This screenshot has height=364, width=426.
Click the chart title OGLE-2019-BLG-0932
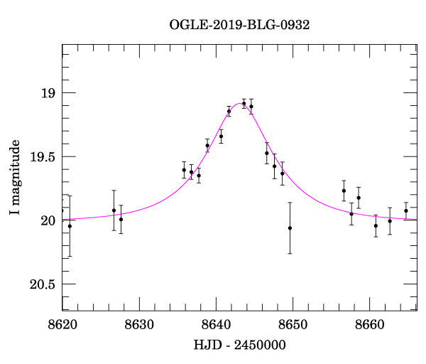(239, 24)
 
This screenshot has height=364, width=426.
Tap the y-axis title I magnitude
(14, 178)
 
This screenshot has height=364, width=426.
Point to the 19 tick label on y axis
(47, 93)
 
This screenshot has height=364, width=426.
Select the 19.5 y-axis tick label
(42, 157)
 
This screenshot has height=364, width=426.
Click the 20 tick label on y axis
(47, 220)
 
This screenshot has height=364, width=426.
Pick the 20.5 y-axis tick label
(42, 284)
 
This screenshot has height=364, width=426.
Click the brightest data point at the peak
(244, 104)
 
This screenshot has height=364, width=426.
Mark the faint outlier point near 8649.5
(290, 228)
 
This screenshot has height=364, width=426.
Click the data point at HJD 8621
(70, 226)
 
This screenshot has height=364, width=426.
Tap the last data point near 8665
(406, 211)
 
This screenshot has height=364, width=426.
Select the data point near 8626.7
(114, 210)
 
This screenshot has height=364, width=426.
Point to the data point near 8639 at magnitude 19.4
(207, 146)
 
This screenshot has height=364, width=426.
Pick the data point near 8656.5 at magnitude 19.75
(344, 191)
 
